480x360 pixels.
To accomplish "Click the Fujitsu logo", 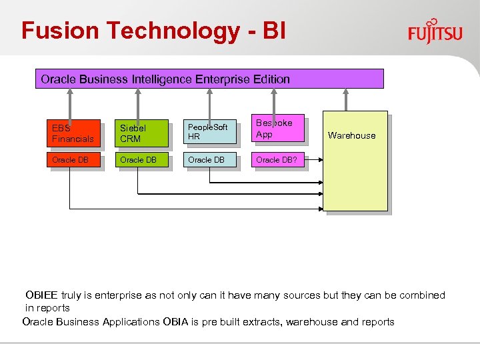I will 435,31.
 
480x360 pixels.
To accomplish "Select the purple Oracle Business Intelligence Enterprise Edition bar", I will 209,79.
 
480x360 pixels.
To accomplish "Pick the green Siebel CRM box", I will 142,133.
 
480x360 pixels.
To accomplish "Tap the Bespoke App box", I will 279,129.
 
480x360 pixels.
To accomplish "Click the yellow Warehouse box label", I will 351,135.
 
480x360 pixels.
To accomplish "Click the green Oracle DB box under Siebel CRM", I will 142,160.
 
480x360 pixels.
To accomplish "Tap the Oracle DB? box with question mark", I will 279,160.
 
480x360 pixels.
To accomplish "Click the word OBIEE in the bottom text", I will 42,295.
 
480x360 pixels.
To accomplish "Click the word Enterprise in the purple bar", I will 223,79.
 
